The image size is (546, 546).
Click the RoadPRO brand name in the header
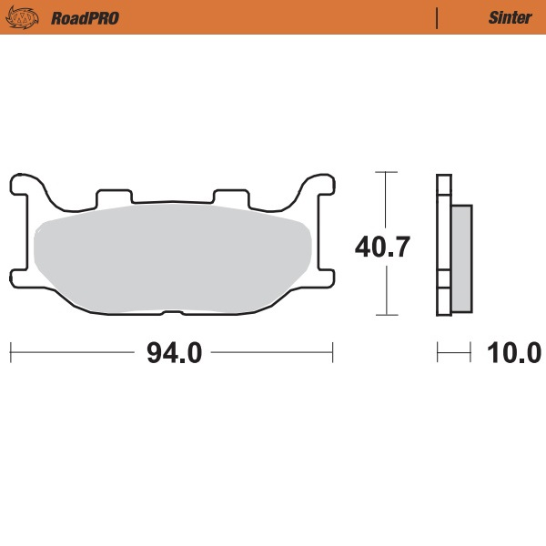86,17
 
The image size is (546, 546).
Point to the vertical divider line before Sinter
438,17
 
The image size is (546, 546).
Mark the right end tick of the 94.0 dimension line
333,351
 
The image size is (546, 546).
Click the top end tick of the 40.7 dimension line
387,171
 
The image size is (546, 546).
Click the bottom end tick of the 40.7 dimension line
387,315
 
